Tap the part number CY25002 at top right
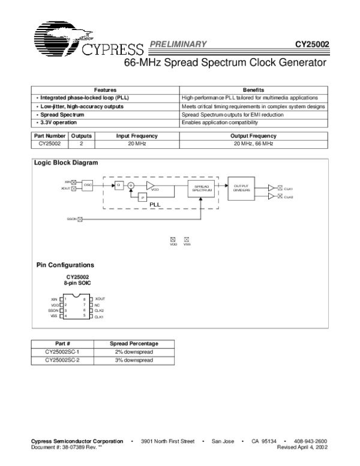[x=312, y=44]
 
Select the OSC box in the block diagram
[x=88, y=184]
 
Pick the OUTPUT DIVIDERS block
[x=241, y=188]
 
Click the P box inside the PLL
[x=142, y=197]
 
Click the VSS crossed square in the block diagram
[x=187, y=239]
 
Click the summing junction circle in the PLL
[x=130, y=186]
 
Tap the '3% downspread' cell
[x=134, y=360]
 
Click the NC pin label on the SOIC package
[x=97, y=305]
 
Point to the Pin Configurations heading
[x=65, y=265]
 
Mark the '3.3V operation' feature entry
[x=58, y=123]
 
